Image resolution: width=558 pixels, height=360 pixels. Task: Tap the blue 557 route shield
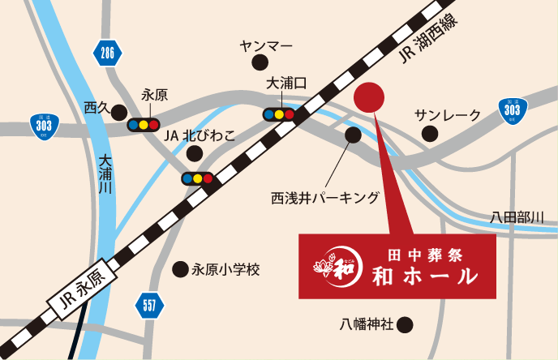tap(148, 306)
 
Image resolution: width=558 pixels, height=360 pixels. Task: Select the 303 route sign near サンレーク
tap(512, 109)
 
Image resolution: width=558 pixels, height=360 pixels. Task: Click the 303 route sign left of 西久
tap(45, 126)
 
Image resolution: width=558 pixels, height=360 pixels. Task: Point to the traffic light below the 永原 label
tap(144, 125)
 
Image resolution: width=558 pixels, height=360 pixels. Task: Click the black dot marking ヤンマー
tap(259, 62)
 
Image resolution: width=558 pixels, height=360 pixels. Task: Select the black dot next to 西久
tap(119, 111)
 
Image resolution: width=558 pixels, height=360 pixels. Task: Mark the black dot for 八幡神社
tap(406, 325)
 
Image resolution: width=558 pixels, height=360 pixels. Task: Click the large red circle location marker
tap(371, 98)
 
